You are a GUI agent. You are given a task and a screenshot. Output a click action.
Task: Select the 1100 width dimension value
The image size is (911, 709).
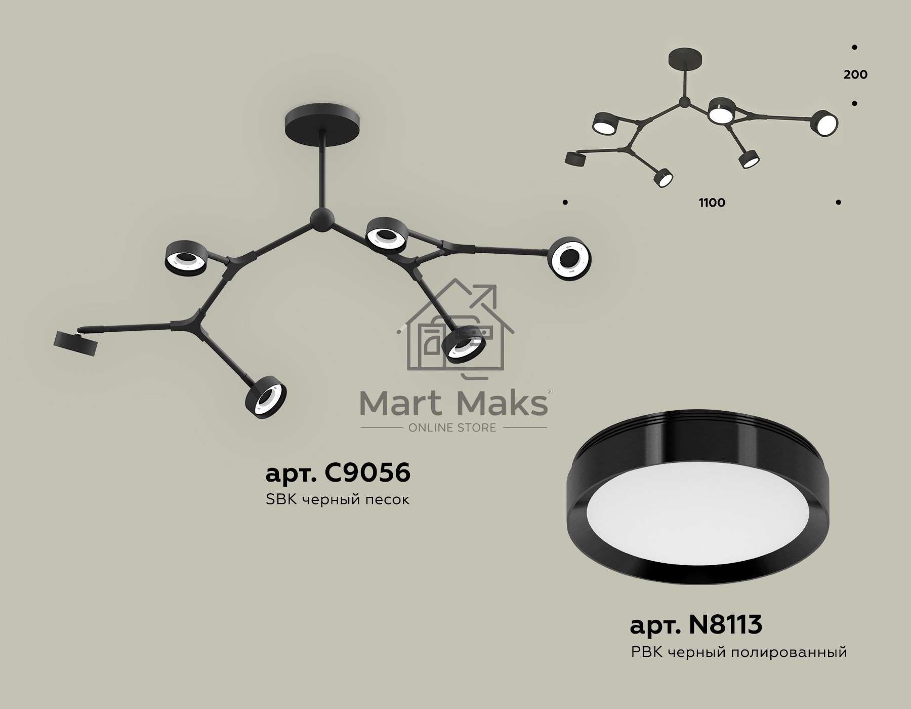pyautogui.click(x=712, y=203)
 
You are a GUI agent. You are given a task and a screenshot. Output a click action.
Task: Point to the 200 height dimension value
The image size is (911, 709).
pyautogui.click(x=855, y=75)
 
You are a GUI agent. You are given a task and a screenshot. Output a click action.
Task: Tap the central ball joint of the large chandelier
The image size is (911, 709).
pyautogui.click(x=322, y=219)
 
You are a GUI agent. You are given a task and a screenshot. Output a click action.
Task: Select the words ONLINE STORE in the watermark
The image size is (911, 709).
pyautogui.click(x=452, y=428)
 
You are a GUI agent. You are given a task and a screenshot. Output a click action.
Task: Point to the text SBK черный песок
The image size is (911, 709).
pyautogui.click(x=338, y=500)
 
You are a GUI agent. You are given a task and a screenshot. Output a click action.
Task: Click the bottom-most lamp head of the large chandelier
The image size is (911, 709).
pyautogui.click(x=266, y=398)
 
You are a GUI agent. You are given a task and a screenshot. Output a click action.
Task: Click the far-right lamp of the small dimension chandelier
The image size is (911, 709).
pyautogui.click(x=825, y=123)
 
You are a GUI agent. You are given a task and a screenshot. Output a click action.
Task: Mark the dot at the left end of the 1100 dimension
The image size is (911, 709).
pyautogui.click(x=565, y=203)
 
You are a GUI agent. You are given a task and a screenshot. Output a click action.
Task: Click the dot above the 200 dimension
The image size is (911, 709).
pyautogui.click(x=854, y=47)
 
